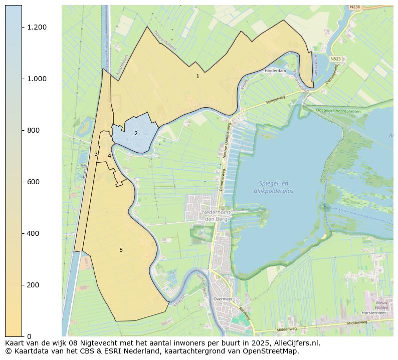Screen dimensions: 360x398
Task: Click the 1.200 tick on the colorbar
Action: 37,27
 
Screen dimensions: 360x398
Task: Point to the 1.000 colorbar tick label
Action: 37,79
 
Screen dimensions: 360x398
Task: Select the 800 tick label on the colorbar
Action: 33,130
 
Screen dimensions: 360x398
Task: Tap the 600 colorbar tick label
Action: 33,182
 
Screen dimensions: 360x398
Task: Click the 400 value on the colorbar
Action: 33,233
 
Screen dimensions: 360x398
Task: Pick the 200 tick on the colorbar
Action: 33,285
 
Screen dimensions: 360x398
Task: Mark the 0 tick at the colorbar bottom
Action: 29,336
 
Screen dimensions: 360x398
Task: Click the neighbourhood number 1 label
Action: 197,76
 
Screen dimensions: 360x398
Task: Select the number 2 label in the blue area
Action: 136,133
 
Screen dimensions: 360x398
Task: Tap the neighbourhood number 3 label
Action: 96,154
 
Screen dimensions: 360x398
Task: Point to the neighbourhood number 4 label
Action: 109,156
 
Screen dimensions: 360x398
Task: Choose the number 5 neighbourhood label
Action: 121,250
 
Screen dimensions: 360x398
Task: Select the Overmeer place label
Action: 223,299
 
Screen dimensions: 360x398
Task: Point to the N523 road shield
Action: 336,59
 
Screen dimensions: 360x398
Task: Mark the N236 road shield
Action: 355,7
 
